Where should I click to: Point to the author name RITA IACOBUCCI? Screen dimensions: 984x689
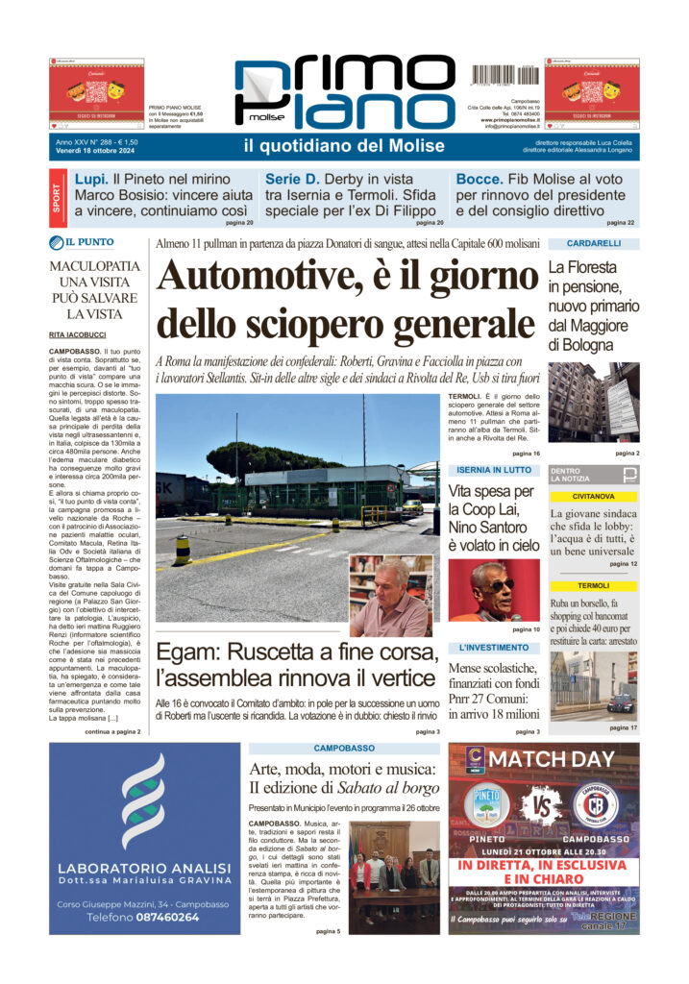pos(79,334)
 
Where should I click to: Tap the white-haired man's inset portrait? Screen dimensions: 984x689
pos(390,597)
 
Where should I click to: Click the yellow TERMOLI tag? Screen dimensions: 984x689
pos(593,586)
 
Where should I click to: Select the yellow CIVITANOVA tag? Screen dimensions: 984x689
pos(593,497)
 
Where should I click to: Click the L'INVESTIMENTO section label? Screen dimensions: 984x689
pos(494,648)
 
